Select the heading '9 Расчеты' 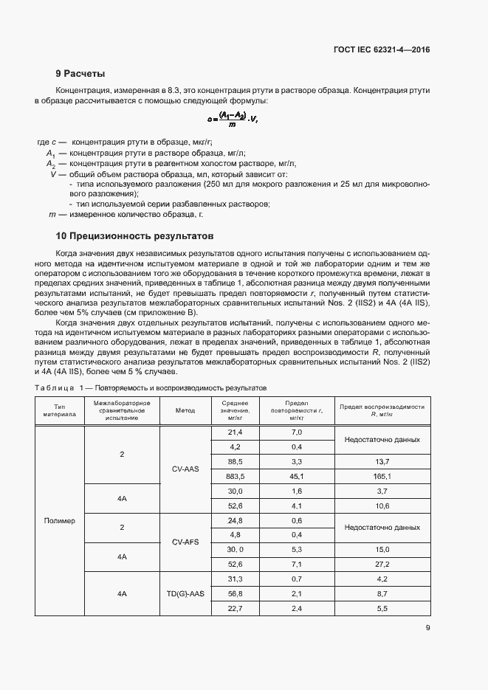pos(80,73)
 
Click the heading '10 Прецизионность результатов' pos(134,236)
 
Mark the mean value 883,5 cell pos(236,477)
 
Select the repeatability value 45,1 pos(297,477)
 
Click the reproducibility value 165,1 pos(382,477)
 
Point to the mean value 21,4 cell pos(236,432)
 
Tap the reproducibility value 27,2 pos(382,564)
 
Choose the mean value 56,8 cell pos(236,593)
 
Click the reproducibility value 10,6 pos(382,506)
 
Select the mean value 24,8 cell pos(236,520)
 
